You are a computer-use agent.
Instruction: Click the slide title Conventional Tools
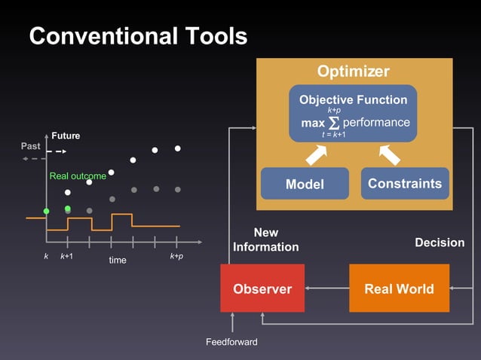pyautogui.click(x=138, y=36)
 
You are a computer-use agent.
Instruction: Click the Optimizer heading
pyautogui.click(x=353, y=72)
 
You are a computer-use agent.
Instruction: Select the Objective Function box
pyautogui.click(x=353, y=113)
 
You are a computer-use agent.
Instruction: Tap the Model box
pyautogui.click(x=305, y=184)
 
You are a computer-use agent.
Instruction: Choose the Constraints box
pyautogui.click(x=404, y=183)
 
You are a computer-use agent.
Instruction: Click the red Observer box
pyautogui.click(x=262, y=288)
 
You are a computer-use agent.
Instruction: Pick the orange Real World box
pyautogui.click(x=399, y=288)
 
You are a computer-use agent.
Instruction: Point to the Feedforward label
pyautogui.click(x=231, y=342)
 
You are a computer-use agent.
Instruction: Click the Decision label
pyautogui.click(x=440, y=243)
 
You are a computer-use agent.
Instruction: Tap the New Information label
pyautogui.click(x=265, y=239)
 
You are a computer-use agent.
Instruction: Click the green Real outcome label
pyautogui.click(x=78, y=176)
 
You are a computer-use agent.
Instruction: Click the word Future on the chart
pyautogui.click(x=66, y=136)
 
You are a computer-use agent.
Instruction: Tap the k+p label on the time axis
pyautogui.click(x=176, y=256)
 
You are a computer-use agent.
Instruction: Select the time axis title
pyautogui.click(x=118, y=260)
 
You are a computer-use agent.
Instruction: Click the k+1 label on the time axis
pyautogui.click(x=67, y=256)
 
